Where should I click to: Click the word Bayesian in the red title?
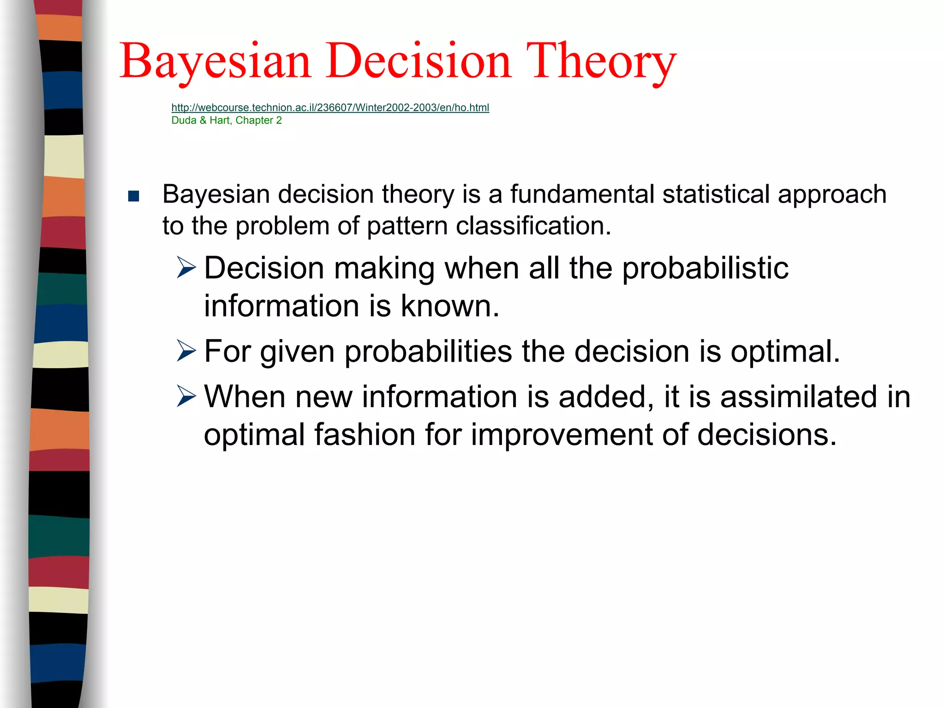click(215, 61)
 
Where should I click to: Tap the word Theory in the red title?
click(601, 61)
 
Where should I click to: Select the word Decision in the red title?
click(419, 61)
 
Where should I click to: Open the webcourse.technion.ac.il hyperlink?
click(330, 108)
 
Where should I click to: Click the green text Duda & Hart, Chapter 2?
click(226, 120)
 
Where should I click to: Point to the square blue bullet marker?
click(134, 197)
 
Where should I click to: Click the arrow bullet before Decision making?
click(186, 268)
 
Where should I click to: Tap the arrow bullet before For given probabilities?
click(186, 351)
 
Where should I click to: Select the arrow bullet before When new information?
click(186, 397)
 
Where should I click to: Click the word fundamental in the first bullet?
click(582, 194)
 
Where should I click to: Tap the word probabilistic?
click(705, 269)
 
